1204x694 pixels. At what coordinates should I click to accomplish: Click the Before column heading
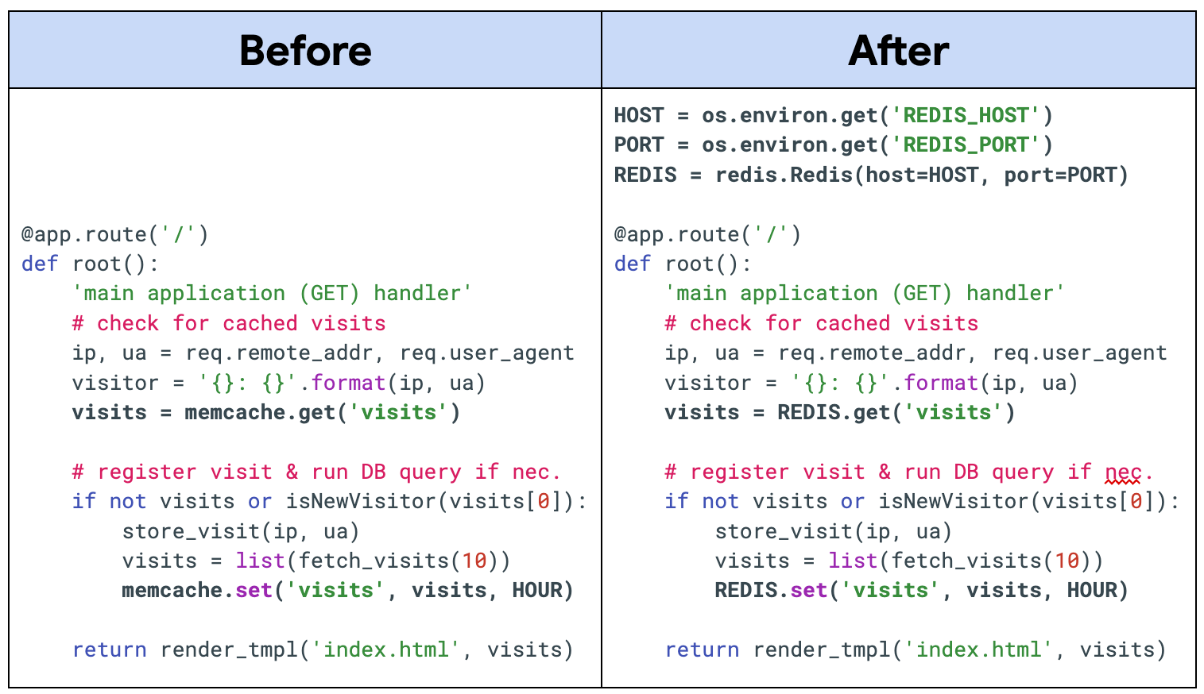(x=305, y=50)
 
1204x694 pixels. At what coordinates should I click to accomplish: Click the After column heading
(x=898, y=50)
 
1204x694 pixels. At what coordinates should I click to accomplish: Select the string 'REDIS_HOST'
(x=966, y=115)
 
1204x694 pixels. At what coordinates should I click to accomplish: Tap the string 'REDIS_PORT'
(x=966, y=145)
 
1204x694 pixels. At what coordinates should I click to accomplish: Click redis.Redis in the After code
(x=784, y=175)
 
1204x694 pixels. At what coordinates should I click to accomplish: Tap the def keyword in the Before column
(x=40, y=264)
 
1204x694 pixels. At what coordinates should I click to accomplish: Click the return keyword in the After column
(x=702, y=650)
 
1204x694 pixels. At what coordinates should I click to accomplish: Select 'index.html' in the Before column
(x=385, y=650)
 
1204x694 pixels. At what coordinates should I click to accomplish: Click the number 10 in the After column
(x=1067, y=561)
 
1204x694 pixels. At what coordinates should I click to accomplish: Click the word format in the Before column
(x=348, y=383)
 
